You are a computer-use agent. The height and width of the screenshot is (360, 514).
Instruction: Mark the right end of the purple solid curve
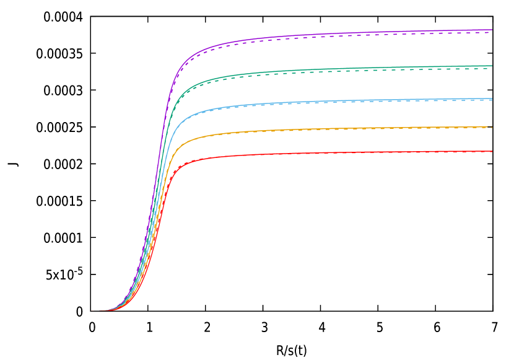(492, 30)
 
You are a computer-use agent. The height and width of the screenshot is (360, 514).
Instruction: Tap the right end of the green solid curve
(492, 66)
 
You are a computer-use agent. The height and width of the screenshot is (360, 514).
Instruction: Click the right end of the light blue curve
(492, 99)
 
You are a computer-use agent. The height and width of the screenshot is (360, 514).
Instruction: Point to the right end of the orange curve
(492, 126)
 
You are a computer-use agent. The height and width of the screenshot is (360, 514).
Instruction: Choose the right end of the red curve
(492, 151)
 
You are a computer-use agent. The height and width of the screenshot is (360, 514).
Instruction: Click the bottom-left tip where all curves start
(93, 310)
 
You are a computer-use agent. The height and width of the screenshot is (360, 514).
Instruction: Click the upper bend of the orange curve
(182, 144)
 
